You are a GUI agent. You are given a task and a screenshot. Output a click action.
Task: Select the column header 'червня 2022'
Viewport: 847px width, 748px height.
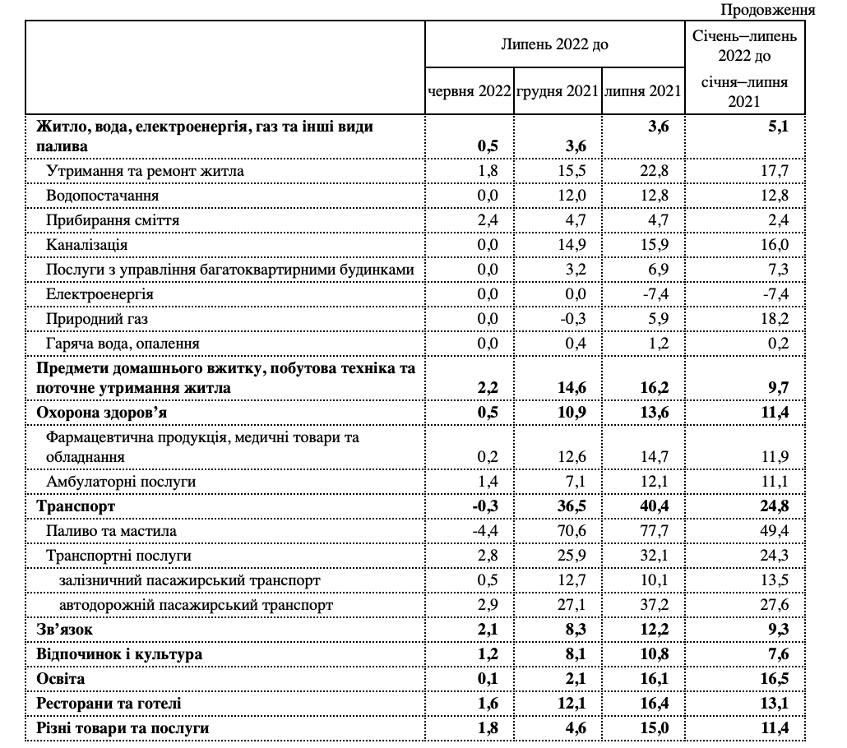(469, 91)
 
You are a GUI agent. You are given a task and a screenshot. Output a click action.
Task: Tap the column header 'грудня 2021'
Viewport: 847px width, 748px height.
(557, 91)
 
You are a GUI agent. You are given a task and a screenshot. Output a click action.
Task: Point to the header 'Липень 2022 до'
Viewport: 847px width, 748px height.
(555, 44)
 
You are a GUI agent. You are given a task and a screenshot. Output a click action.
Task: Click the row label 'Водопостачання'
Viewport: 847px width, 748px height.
(103, 196)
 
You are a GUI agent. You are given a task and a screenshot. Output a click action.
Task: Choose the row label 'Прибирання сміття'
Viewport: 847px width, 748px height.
(113, 220)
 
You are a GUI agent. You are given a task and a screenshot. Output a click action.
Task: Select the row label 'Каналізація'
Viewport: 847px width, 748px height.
(87, 245)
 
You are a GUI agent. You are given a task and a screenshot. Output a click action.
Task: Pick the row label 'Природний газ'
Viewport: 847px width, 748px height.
(97, 318)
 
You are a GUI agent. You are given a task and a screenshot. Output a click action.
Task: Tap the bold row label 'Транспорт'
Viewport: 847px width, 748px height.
(76, 506)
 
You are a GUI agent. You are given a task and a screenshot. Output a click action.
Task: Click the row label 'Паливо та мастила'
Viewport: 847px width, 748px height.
(104, 531)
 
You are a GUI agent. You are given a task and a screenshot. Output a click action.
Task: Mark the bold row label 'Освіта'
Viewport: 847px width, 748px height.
(61, 680)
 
